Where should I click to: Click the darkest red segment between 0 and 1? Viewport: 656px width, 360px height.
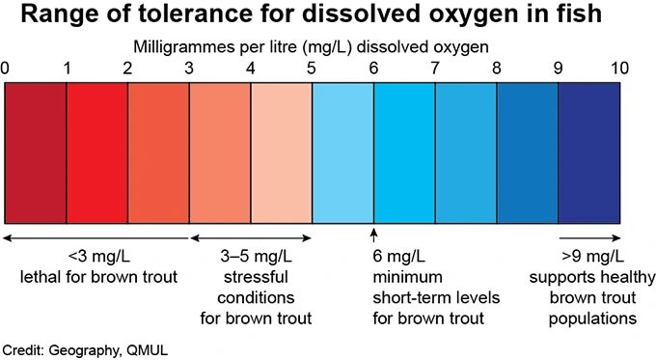(x=36, y=152)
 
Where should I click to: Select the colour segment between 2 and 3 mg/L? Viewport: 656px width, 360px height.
(x=158, y=152)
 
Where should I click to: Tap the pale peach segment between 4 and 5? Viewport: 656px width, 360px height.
(x=282, y=152)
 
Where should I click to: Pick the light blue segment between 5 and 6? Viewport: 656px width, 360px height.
(x=342, y=152)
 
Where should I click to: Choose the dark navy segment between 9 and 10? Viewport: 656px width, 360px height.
(x=588, y=152)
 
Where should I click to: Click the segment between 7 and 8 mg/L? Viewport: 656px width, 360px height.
(x=466, y=152)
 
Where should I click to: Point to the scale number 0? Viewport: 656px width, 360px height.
(x=6, y=69)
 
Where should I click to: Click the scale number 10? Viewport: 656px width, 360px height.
(x=618, y=69)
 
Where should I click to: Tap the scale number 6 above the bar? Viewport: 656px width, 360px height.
(x=373, y=69)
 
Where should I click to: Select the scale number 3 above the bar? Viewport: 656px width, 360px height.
(x=189, y=69)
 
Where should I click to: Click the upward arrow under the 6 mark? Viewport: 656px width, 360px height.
(x=373, y=235)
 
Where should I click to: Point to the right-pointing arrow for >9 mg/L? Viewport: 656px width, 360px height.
(x=588, y=237)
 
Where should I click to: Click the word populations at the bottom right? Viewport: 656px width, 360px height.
(x=588, y=318)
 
